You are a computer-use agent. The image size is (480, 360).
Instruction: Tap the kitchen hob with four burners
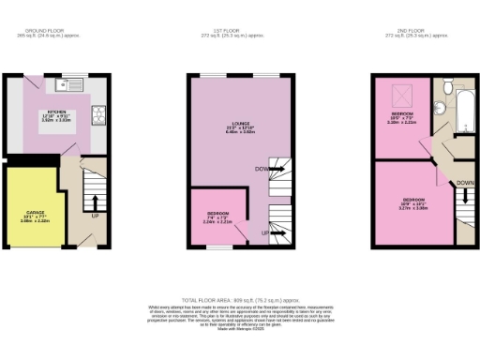[x=97, y=115]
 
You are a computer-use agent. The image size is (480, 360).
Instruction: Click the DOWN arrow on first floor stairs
[x=265, y=169]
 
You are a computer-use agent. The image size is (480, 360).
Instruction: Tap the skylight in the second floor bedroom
[x=397, y=94]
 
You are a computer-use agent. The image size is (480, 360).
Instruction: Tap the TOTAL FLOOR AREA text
[x=240, y=296]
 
